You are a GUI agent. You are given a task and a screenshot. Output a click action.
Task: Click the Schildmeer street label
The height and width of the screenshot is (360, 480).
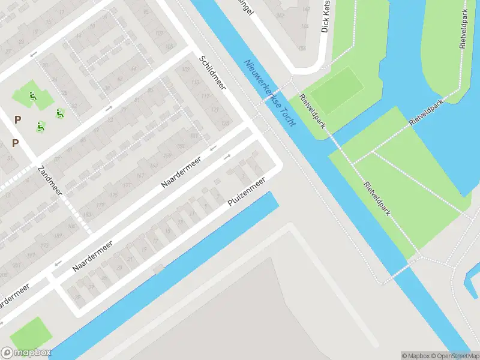212,72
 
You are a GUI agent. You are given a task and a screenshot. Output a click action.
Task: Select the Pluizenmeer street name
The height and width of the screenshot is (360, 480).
246,193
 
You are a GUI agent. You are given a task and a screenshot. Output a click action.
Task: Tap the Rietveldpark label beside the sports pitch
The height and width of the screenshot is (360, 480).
313,112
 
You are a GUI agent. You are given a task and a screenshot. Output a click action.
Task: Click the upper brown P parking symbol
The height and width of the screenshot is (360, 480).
17,119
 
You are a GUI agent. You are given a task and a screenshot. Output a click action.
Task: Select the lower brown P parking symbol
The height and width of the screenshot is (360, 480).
15,143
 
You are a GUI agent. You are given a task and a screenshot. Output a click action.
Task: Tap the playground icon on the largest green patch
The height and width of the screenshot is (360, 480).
32,95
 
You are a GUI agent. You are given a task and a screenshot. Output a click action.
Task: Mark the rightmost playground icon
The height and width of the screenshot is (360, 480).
59,112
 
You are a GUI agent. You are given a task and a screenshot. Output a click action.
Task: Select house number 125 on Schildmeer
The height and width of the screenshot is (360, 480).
226,123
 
